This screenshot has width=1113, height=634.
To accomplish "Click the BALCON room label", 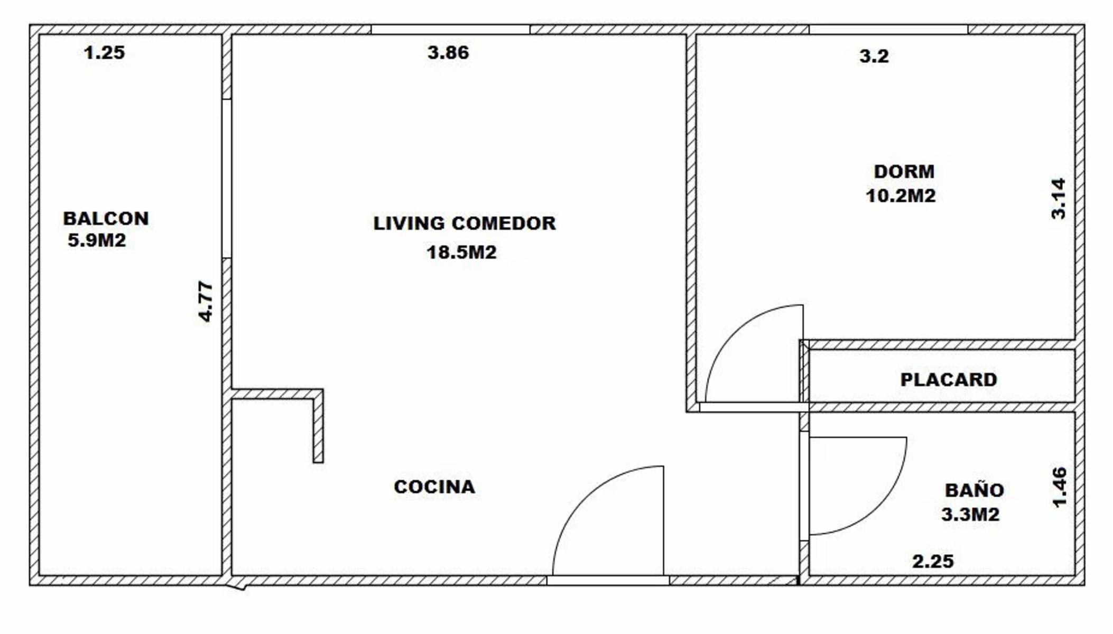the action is pyautogui.click(x=106, y=218).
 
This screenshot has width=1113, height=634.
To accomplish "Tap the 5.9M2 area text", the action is pyautogui.click(x=97, y=241).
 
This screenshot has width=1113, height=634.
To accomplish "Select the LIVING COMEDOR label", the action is pyautogui.click(x=465, y=223).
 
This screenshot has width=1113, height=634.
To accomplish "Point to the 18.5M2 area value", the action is pyautogui.click(x=461, y=252).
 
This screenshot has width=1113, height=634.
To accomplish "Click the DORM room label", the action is pyautogui.click(x=904, y=171).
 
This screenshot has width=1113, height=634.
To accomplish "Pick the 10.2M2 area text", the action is pyautogui.click(x=901, y=195).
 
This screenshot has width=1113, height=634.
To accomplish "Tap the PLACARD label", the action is pyautogui.click(x=949, y=379).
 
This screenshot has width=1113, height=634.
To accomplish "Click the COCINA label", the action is pyautogui.click(x=434, y=487).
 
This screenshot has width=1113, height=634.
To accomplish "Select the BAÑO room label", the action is pyautogui.click(x=975, y=490).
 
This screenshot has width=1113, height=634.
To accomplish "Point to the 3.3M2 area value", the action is pyautogui.click(x=970, y=514).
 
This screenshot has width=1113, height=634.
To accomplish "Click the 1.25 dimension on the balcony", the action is pyautogui.click(x=104, y=52).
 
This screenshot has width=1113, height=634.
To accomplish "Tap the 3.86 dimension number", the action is pyautogui.click(x=448, y=52).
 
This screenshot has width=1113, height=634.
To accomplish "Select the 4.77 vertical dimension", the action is pyautogui.click(x=206, y=301).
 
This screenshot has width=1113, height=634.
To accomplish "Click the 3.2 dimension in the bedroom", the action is pyautogui.click(x=874, y=55).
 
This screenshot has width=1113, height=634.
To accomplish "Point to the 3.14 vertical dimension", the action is pyautogui.click(x=1059, y=199).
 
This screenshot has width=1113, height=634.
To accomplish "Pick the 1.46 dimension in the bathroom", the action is pyautogui.click(x=1060, y=487).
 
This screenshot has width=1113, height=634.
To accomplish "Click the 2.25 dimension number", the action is pyautogui.click(x=933, y=561).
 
